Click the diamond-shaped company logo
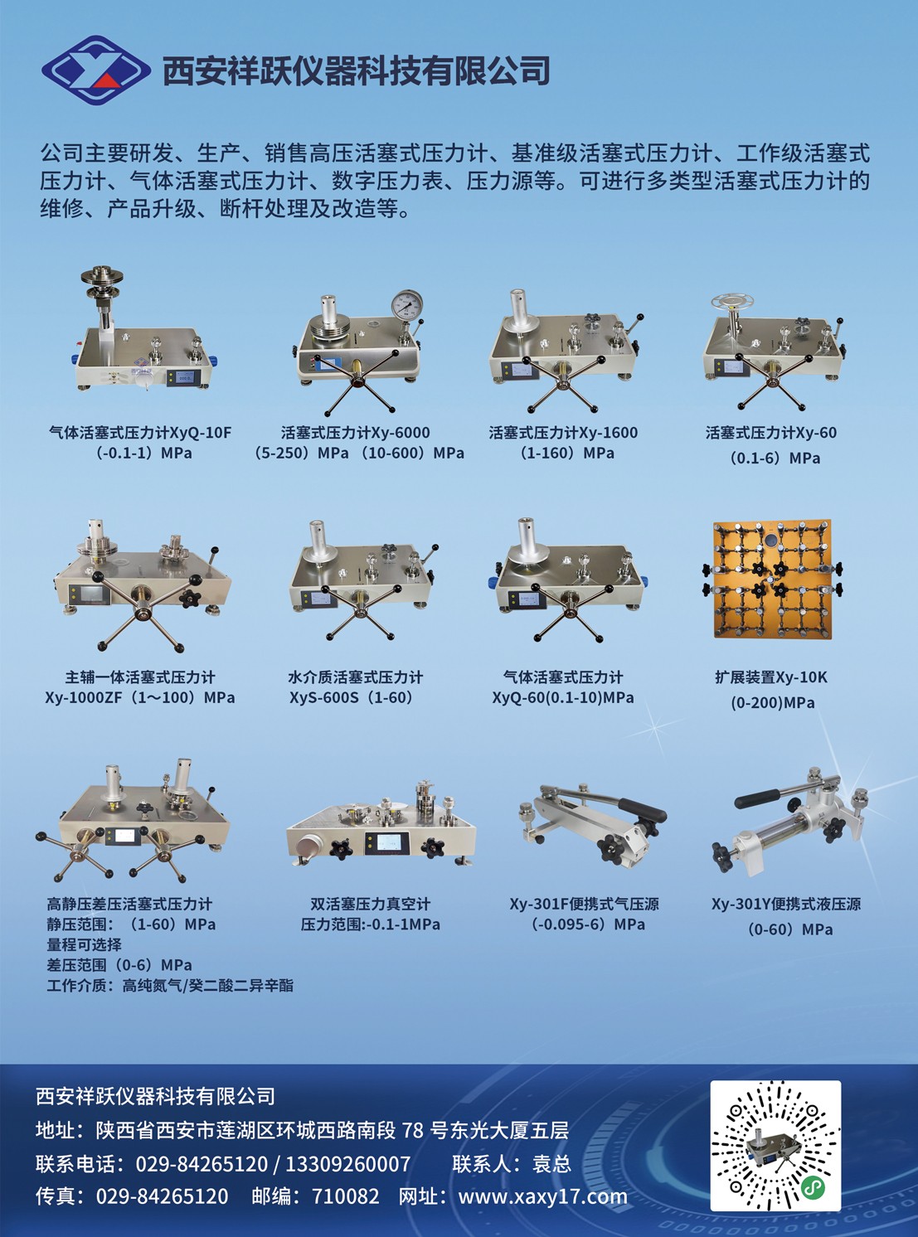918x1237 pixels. click(x=95, y=70)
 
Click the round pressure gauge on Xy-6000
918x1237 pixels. click(x=407, y=304)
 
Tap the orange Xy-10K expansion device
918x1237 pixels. click(x=772, y=580)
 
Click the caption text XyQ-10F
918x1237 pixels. click(x=200, y=432)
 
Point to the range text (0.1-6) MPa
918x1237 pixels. click(x=774, y=458)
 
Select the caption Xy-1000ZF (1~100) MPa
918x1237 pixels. click(x=140, y=697)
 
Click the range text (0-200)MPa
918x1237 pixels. click(x=772, y=703)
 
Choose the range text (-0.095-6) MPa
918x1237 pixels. click(x=588, y=924)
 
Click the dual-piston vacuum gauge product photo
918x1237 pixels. click(x=381, y=825)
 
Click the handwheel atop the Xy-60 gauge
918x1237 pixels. click(x=733, y=303)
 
